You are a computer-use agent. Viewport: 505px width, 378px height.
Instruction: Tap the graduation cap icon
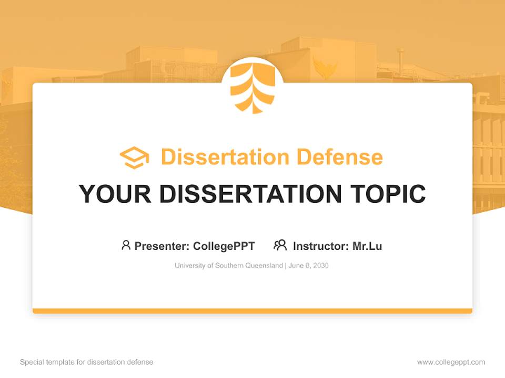pos(134,157)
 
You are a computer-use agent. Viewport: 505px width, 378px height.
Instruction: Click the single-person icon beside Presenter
pos(126,245)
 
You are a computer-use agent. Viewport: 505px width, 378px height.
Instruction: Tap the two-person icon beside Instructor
pos(280,245)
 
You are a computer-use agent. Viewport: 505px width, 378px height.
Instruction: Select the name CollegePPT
pos(224,246)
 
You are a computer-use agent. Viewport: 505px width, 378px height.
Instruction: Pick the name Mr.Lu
pos(367,246)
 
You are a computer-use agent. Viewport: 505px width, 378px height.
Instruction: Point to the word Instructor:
pos(321,246)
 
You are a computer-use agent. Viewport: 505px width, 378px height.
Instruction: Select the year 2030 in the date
pos(320,266)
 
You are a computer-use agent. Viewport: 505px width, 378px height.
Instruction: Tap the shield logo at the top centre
pos(252,87)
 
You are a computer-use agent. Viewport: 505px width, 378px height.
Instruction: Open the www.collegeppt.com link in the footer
pos(451,362)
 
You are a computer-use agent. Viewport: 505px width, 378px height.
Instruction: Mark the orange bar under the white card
pos(252,311)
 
